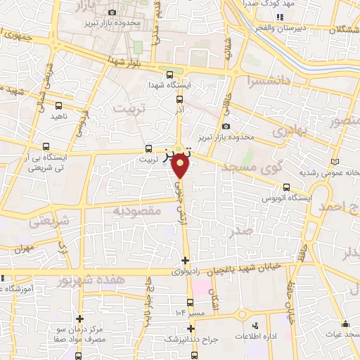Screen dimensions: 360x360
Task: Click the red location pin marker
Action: (x=180, y=166)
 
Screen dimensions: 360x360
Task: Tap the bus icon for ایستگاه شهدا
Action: (x=169, y=75)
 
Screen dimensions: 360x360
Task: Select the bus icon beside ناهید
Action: (x=58, y=105)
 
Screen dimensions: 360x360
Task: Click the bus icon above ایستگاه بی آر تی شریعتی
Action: (x=46, y=148)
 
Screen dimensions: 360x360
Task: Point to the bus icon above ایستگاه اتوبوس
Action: (x=286, y=187)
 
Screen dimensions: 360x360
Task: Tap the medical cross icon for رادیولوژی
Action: (x=185, y=261)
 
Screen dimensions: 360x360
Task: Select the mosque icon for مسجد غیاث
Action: (x=346, y=324)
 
